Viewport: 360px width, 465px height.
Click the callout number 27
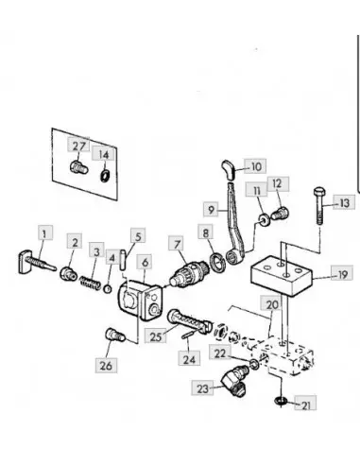tap(79, 146)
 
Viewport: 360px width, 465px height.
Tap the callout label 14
tap(104, 154)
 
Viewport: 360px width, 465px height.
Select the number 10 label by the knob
tap(256, 166)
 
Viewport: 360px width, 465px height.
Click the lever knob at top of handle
tap(228, 169)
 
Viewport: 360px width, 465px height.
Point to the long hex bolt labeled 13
tap(319, 206)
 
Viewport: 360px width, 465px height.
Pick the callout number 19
tap(342, 274)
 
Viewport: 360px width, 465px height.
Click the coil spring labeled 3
tap(91, 283)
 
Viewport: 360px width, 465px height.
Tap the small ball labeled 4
tap(108, 288)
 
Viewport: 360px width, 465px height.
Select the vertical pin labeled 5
tap(123, 260)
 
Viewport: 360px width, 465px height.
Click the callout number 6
tap(145, 262)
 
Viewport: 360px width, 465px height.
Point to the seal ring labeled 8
tap(217, 263)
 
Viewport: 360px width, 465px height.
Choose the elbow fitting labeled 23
tap(234, 380)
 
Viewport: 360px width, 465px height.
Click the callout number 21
tap(306, 405)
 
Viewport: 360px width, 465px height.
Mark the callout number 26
tap(106, 366)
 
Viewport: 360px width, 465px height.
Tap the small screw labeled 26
tap(115, 335)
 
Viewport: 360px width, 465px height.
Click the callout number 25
tap(156, 336)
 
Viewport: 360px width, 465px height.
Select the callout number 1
tap(45, 233)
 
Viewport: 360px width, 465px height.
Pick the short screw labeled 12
tap(280, 213)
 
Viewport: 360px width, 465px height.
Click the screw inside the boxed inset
tap(78, 167)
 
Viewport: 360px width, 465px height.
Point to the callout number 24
tap(189, 359)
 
